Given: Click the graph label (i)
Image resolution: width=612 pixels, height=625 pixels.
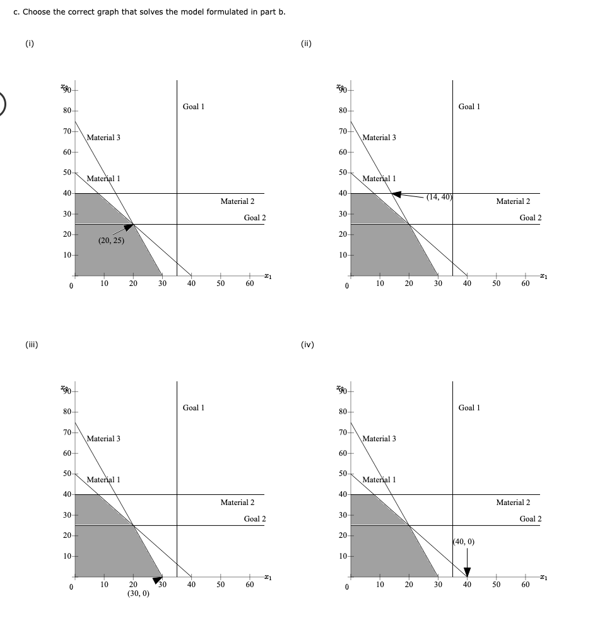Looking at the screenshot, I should (x=30, y=44).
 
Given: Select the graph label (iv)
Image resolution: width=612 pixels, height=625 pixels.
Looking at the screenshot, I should (x=308, y=345).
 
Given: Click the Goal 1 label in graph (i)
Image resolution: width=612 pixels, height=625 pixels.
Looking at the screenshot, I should (x=193, y=107).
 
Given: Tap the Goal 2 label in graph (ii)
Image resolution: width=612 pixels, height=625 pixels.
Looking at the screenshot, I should (x=530, y=218).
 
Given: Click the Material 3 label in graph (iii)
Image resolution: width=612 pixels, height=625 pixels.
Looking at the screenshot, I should (x=103, y=438).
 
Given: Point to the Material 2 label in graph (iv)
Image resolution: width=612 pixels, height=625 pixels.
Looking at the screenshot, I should (x=513, y=503).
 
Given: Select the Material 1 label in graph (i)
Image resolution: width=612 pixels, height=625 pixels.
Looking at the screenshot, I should (x=103, y=179).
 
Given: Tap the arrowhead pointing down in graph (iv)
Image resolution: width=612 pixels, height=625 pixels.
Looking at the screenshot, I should (x=467, y=572).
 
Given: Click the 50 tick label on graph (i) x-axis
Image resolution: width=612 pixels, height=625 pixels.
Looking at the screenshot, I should (x=221, y=284).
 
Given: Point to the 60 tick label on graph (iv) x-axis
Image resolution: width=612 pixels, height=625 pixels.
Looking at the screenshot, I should (x=526, y=585).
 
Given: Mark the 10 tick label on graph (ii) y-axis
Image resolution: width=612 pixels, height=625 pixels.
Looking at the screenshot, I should (x=342, y=255).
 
